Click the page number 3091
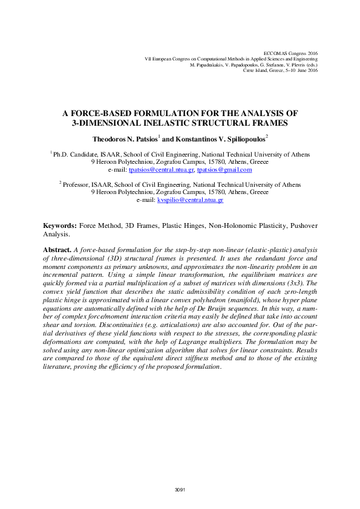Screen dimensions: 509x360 point(180,488)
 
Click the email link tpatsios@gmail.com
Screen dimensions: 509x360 point(224,170)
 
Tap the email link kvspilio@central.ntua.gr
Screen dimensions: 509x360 point(191,199)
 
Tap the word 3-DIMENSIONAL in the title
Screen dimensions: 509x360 point(110,123)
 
